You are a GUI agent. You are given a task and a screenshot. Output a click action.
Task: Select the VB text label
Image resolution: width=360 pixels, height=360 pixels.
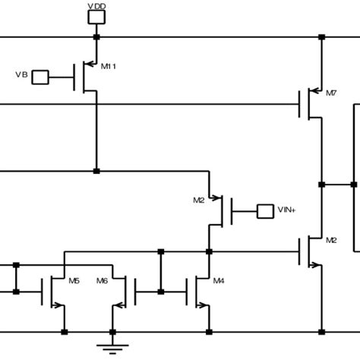pyautogui.click(x=22, y=75)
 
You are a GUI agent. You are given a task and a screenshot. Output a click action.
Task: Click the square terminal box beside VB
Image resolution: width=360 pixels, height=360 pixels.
pyautogui.click(x=40, y=76)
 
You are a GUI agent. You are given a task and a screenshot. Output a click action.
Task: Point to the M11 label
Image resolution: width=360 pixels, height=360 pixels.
pyautogui.click(x=109, y=67)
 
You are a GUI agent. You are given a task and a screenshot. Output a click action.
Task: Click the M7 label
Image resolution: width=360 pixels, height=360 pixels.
pyautogui.click(x=330, y=93)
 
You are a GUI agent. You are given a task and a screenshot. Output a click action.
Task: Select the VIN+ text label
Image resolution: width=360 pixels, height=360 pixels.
pyautogui.click(x=287, y=210)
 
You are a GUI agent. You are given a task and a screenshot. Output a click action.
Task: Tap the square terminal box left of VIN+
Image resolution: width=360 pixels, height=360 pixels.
pyautogui.click(x=265, y=210)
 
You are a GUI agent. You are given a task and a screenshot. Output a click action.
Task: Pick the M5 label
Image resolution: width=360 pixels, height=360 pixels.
pyautogui.click(x=74, y=280)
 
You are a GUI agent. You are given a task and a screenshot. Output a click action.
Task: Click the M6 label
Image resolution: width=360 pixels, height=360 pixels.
pyautogui.click(x=102, y=280)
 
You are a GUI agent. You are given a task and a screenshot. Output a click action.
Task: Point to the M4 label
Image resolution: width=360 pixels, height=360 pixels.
pyautogui.click(x=219, y=280)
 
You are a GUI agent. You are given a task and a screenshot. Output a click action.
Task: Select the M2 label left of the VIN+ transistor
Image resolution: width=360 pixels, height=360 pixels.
pyautogui.click(x=199, y=201)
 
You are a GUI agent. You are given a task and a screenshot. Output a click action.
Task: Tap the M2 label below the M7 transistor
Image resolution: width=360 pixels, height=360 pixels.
pyautogui.click(x=331, y=240)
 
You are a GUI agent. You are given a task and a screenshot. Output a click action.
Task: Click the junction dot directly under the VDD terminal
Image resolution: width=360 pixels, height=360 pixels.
pyautogui.click(x=96, y=36)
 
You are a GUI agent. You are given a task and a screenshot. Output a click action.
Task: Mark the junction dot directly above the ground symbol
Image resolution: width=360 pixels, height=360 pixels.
pyautogui.click(x=112, y=332)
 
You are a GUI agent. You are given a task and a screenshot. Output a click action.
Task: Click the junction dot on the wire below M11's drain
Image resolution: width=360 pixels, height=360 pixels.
pyautogui.click(x=96, y=171)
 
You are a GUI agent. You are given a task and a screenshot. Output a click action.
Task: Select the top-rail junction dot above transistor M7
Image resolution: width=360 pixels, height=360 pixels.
pyautogui.click(x=321, y=36)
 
